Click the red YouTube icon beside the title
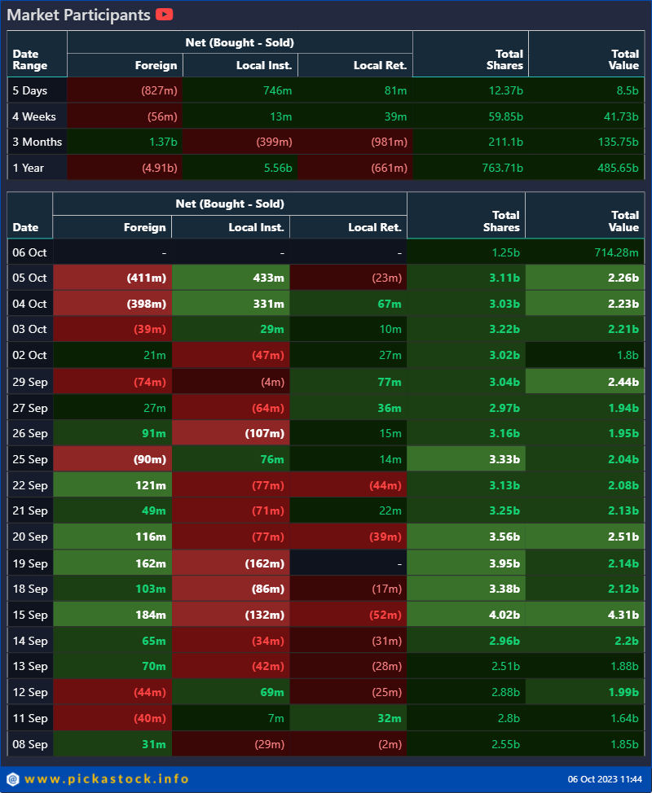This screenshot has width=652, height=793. (164, 15)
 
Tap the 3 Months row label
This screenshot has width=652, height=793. (37, 142)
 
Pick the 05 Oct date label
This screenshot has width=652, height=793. (29, 278)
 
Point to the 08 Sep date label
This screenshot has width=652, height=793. (29, 743)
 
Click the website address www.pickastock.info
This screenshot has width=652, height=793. (107, 779)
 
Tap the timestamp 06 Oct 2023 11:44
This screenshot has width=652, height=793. (603, 780)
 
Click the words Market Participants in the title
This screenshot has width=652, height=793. (79, 15)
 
